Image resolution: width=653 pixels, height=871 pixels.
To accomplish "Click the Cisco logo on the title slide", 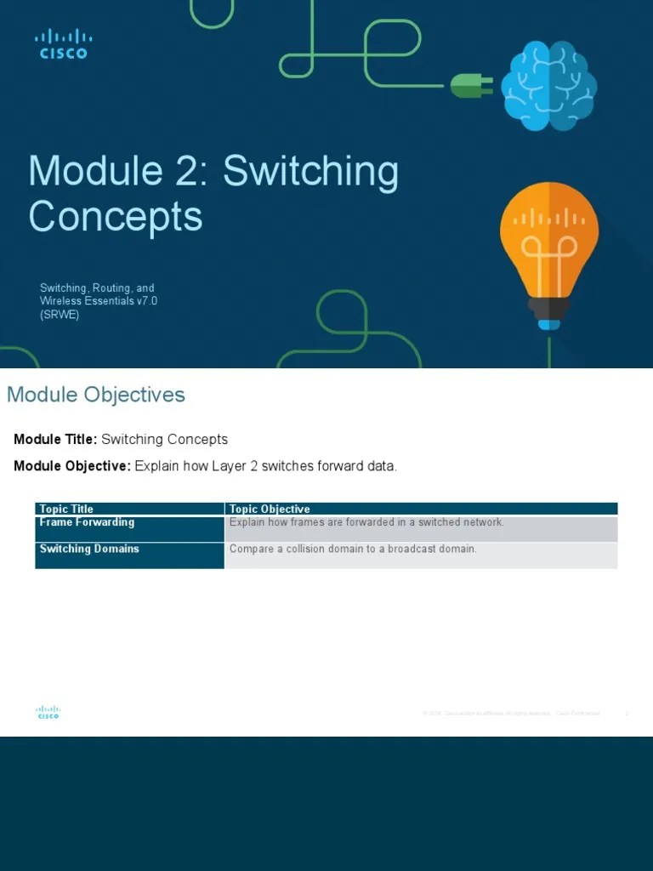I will click(63, 44).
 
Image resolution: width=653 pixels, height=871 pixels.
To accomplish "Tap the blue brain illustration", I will click(548, 86).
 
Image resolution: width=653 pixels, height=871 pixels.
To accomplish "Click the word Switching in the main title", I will click(310, 172).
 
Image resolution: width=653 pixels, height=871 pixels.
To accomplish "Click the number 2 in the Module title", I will click(193, 172).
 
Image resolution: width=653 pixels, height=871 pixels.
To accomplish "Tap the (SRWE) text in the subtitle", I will click(60, 315).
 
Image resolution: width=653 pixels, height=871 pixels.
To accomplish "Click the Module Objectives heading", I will click(96, 395).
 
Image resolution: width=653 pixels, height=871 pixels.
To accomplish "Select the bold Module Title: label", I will click(55, 440).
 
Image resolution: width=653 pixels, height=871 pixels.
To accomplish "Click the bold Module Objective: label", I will click(72, 466).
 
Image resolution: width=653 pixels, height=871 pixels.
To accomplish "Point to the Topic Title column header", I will click(66, 509).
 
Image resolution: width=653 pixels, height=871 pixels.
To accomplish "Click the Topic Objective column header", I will click(270, 509).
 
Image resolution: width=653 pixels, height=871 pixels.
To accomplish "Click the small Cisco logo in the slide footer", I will click(48, 713).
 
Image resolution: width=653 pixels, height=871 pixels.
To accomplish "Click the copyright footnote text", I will click(510, 714).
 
